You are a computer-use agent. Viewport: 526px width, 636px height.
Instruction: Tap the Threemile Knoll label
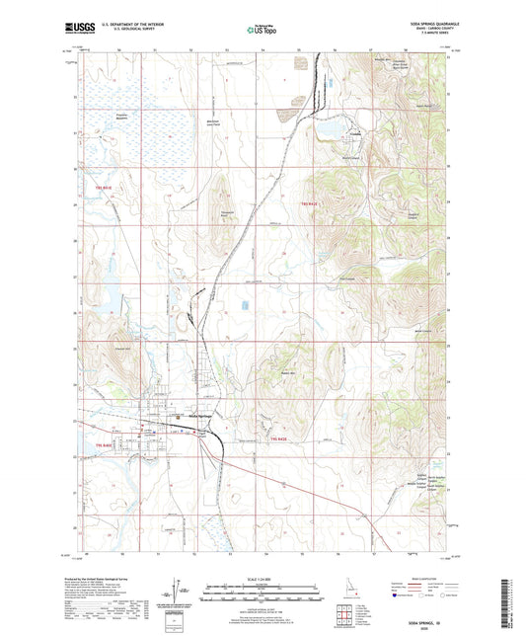click(225, 214)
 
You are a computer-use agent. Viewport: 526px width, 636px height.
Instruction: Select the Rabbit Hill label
click(288, 372)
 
